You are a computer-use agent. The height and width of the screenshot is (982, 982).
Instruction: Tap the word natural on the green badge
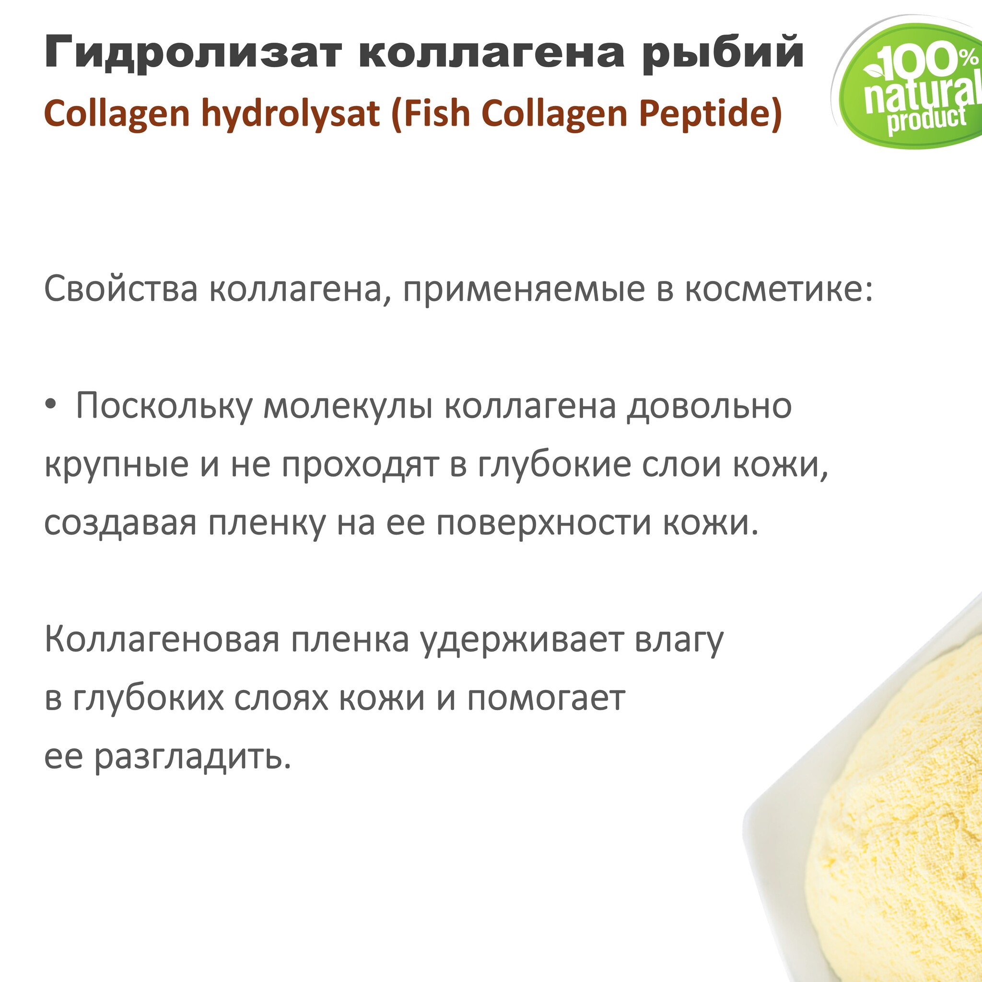click(x=923, y=95)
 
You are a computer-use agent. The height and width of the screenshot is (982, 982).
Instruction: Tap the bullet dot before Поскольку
click(x=50, y=406)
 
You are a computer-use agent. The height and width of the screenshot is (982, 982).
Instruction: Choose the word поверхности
click(x=544, y=524)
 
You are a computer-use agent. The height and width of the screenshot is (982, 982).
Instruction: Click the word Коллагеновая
click(x=162, y=640)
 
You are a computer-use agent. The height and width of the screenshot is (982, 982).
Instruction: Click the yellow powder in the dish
click(x=905, y=839)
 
